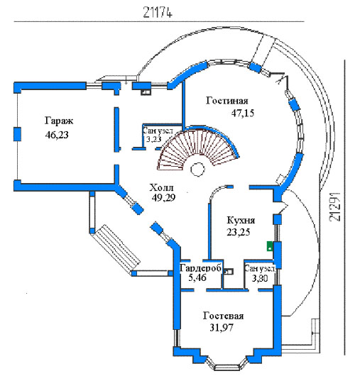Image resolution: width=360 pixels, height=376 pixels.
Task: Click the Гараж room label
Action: (59, 121)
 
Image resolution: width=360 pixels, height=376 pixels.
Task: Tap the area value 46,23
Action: (57, 135)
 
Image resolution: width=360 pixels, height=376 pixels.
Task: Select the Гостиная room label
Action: (227, 101)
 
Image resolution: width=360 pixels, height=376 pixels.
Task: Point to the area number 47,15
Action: (243, 113)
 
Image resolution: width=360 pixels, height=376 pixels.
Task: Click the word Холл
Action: (161, 187)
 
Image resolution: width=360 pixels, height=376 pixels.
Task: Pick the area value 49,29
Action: (163, 197)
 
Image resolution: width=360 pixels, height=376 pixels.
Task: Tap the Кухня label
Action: (241, 220)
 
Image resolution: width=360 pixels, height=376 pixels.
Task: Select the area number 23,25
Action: (239, 232)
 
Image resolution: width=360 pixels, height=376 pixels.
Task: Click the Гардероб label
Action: (200, 268)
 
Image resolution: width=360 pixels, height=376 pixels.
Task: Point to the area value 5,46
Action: (197, 277)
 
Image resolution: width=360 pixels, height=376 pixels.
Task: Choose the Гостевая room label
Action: (223, 316)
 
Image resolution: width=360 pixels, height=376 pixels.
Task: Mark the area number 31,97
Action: (222, 328)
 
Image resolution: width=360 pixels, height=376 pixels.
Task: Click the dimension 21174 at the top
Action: (158, 12)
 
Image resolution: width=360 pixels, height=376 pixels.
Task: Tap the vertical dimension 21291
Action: (335, 206)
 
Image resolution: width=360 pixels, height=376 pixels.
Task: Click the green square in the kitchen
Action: (270, 246)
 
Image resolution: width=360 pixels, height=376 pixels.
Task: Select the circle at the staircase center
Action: (198, 170)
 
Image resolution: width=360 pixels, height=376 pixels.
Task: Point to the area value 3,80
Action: (260, 278)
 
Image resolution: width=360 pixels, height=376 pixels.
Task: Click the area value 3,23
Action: (154, 139)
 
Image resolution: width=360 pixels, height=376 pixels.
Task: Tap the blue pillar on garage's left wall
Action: (17, 134)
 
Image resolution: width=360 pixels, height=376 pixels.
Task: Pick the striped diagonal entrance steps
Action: (117, 248)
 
